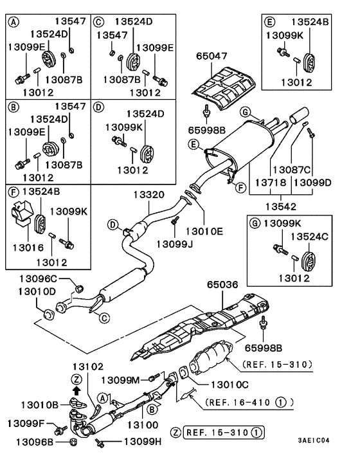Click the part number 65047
[x=212, y=56]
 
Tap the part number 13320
[x=148, y=195]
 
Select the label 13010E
[x=204, y=232]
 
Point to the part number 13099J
[x=174, y=244]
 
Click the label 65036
[x=222, y=285]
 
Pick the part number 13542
[x=281, y=206]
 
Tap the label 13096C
[x=38, y=279]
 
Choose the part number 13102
[x=87, y=367]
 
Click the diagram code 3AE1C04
[x=314, y=440]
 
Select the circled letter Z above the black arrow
[x=76, y=379]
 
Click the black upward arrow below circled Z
[x=76, y=391]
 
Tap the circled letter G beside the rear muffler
[x=246, y=111]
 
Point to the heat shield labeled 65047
[x=224, y=87]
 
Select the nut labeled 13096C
[x=79, y=288]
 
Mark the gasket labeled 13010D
[x=49, y=315]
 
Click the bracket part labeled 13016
[x=21, y=213]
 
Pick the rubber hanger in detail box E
[x=309, y=62]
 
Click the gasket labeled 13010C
[x=183, y=372]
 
